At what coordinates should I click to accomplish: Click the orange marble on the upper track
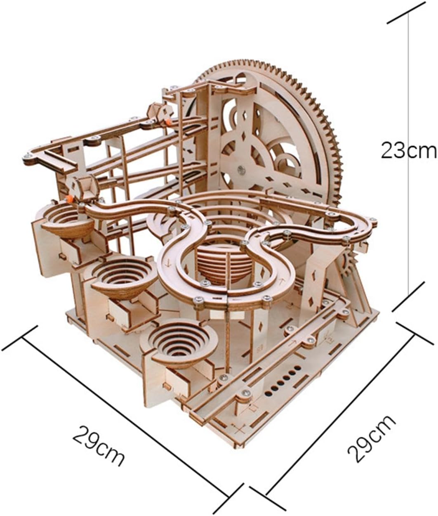(x=169, y=122)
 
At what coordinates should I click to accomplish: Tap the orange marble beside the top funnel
(x=69, y=199)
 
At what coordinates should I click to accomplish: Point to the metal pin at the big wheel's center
(x=241, y=169)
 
